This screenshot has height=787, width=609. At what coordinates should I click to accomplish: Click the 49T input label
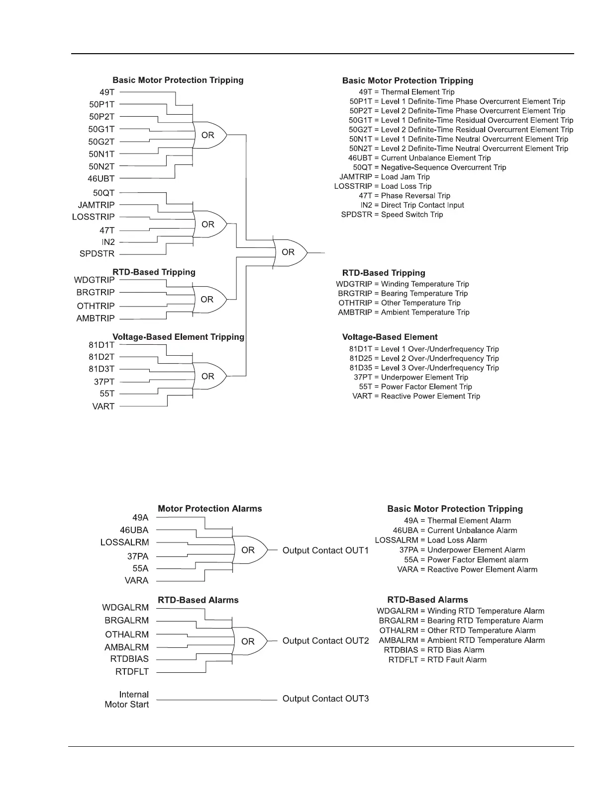(107, 92)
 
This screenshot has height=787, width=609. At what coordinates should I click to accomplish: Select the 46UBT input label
(101, 178)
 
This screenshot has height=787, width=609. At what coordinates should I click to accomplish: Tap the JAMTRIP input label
(96, 205)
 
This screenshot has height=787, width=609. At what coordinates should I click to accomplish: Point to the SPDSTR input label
(97, 254)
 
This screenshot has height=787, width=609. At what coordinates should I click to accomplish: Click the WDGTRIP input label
(94, 280)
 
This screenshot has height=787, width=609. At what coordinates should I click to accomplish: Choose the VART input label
(103, 406)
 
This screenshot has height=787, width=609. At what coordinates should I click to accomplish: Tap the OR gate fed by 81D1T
(208, 376)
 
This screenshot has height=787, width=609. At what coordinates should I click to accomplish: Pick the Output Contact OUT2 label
(325, 641)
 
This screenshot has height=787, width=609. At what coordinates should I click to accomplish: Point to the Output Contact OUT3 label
(325, 699)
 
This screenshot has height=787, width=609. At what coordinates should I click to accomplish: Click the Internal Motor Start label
(127, 700)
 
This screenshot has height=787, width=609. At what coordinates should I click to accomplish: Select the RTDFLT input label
(132, 672)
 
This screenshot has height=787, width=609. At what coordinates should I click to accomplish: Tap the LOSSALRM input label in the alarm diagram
(124, 543)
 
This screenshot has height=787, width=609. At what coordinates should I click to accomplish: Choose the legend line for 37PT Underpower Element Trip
(411, 377)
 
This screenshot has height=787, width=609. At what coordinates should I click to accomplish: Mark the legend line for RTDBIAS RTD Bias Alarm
(434, 650)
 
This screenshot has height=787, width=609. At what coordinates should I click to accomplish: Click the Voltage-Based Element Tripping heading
(179, 337)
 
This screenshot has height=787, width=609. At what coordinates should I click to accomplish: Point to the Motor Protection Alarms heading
(209, 508)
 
